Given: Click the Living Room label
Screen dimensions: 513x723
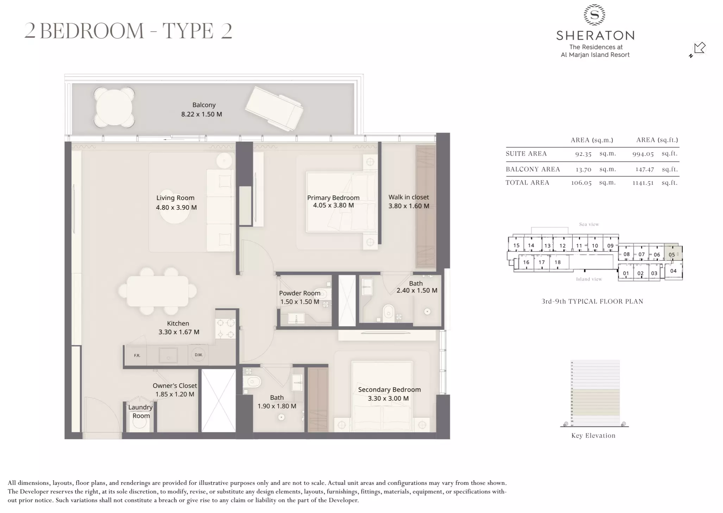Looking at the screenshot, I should pyautogui.click(x=175, y=198).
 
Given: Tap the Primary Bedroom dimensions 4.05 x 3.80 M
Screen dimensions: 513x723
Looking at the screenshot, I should pyautogui.click(x=333, y=205).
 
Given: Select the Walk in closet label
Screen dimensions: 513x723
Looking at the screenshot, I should pyautogui.click(x=408, y=197).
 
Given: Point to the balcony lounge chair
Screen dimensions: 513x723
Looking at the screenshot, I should pyautogui.click(x=274, y=108).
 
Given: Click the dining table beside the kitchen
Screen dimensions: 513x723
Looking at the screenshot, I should pyautogui.click(x=157, y=291).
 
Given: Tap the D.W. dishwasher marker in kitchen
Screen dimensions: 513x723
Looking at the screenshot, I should pyautogui.click(x=199, y=355).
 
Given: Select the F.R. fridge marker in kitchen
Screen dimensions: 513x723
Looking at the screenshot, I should pyautogui.click(x=137, y=355).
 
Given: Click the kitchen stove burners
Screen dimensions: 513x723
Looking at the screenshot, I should pyautogui.click(x=225, y=328).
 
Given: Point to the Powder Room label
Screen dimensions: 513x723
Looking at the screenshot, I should pyautogui.click(x=300, y=293).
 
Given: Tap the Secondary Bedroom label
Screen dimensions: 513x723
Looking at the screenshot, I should pyautogui.click(x=389, y=389).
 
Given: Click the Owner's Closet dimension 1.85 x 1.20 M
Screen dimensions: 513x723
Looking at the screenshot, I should pyautogui.click(x=175, y=394).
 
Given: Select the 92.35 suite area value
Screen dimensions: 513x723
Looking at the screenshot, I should pyautogui.click(x=583, y=154).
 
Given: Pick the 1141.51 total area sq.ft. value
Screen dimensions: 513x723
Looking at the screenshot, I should pyautogui.click(x=642, y=183).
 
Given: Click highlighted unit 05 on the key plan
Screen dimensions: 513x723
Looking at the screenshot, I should pyautogui.click(x=672, y=254).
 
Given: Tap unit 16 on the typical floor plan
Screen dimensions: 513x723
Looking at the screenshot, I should pyautogui.click(x=526, y=262).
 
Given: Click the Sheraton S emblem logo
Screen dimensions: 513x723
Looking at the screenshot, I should pyautogui.click(x=595, y=15).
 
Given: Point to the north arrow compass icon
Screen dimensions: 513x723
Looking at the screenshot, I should pyautogui.click(x=698, y=49).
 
